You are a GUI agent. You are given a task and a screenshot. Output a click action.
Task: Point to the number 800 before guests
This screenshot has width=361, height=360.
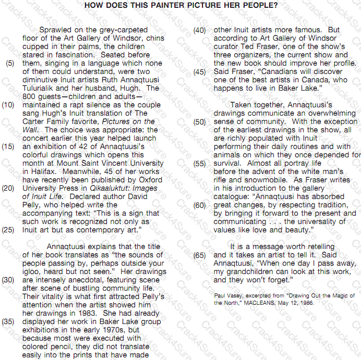[29, 96]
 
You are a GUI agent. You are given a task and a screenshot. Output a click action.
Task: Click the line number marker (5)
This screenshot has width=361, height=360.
[10, 63]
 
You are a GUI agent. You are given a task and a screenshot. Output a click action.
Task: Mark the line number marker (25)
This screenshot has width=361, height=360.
[8, 230]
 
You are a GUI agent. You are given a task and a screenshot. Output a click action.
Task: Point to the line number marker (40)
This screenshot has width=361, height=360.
[199, 30]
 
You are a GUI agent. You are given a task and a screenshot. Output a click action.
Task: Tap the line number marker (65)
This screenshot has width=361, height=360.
[199, 255]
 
